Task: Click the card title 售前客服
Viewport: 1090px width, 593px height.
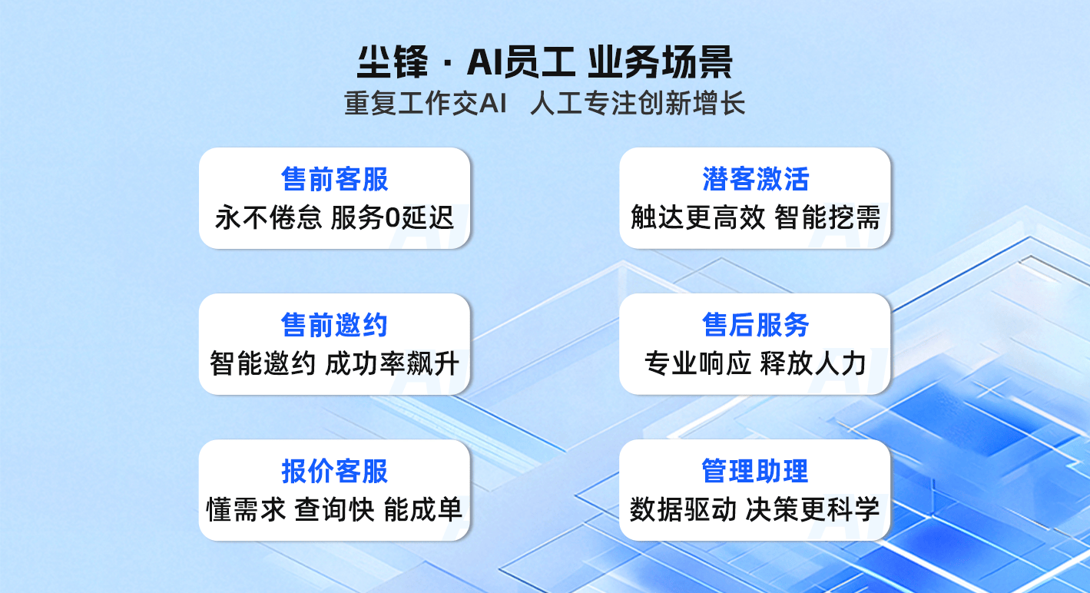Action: point(334,179)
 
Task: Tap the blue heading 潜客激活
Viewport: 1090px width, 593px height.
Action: point(755,179)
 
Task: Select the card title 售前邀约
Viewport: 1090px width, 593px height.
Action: point(334,325)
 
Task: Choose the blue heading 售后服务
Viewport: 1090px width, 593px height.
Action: point(755,325)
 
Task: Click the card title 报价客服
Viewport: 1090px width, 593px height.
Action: point(334,471)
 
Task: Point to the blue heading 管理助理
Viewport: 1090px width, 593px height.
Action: point(755,471)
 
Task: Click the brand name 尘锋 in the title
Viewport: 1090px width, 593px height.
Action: point(393,61)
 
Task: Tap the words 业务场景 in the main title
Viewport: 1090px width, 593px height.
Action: point(661,61)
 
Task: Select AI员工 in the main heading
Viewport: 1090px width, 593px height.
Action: point(522,61)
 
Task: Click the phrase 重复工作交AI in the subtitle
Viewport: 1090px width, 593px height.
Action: point(426,103)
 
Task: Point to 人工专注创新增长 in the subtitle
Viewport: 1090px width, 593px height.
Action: point(638,103)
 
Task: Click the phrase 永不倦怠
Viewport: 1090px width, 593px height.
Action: point(268,217)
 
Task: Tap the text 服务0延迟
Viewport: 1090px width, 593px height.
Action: point(393,217)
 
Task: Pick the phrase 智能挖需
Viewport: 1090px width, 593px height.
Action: point(827,217)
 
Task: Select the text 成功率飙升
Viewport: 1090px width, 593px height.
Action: point(392,363)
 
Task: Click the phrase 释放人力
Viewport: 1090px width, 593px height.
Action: point(813,363)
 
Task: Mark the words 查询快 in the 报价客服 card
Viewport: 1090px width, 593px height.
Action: point(334,509)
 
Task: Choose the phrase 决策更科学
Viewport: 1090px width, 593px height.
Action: point(813,509)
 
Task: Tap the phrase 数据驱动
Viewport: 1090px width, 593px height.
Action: point(683,509)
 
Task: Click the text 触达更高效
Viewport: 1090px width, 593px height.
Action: point(697,217)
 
